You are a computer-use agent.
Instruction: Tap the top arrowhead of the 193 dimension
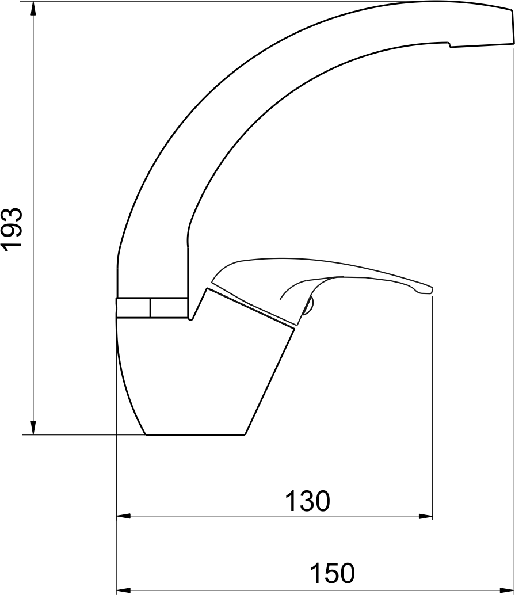(x=33, y=9)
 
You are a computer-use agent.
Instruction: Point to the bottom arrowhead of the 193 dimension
(x=33, y=428)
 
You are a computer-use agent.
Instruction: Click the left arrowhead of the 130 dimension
(x=123, y=516)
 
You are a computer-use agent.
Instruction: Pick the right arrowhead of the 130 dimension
(x=425, y=516)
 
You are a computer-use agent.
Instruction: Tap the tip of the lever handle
(x=432, y=290)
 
